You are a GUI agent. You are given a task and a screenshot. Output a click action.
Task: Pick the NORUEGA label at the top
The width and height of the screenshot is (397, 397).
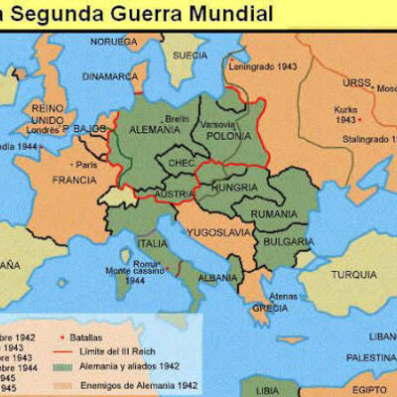[x=113, y=41]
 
